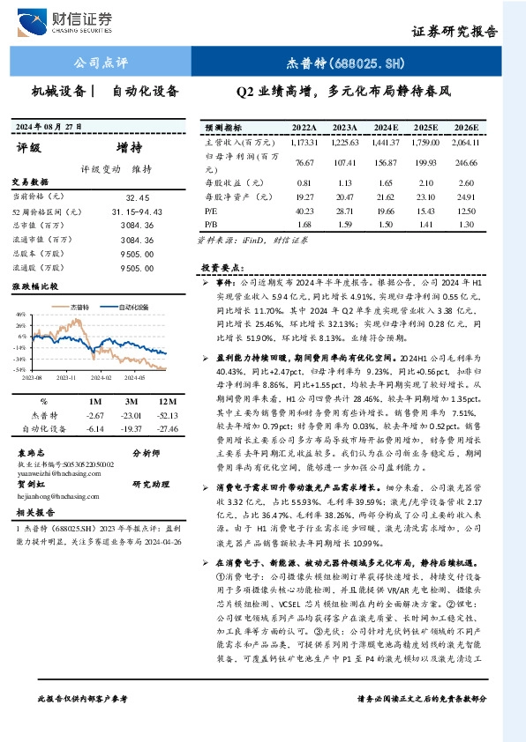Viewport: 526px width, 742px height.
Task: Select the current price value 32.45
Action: pyautogui.click(x=139, y=198)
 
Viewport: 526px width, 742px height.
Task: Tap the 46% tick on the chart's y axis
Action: pyautogui.click(x=20, y=315)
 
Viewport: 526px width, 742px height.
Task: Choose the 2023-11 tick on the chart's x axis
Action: pyautogui.click(x=67, y=375)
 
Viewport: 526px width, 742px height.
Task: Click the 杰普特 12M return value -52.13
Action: pyautogui.click(x=168, y=414)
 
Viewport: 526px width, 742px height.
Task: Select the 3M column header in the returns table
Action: pyautogui.click(x=132, y=401)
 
